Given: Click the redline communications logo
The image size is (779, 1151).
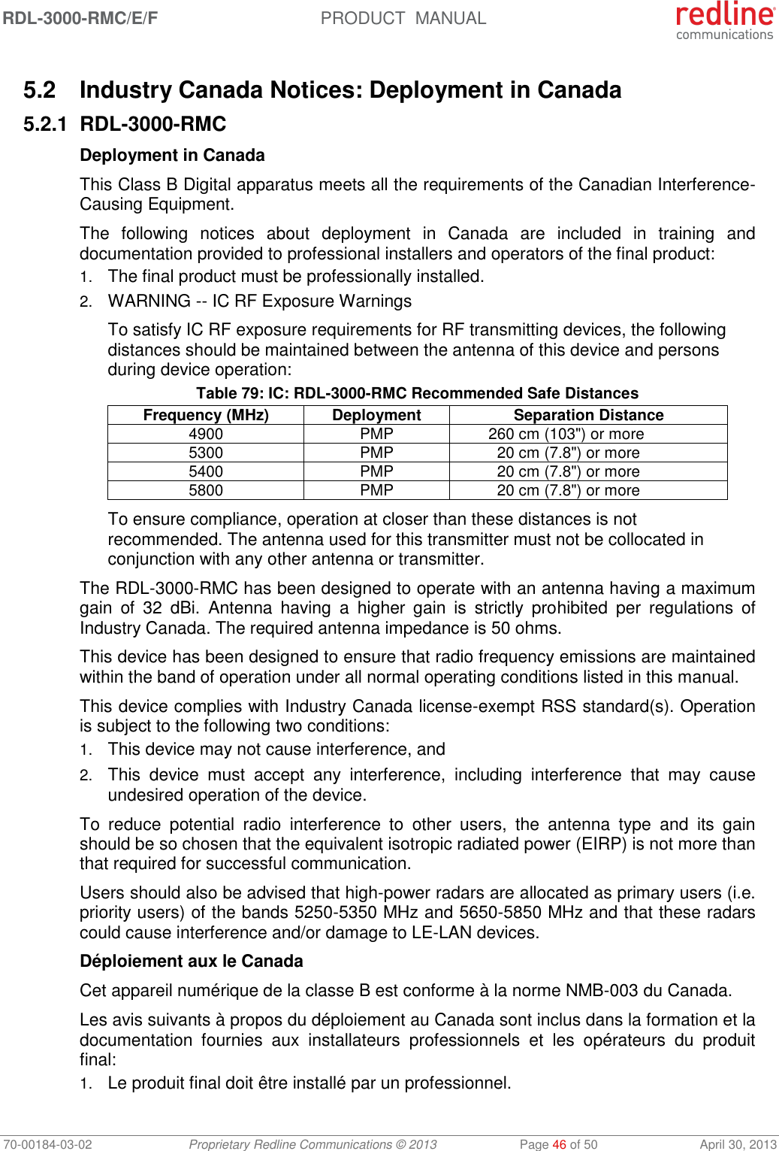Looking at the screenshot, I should [x=724, y=20].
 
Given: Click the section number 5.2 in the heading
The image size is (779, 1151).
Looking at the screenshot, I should [x=39, y=90].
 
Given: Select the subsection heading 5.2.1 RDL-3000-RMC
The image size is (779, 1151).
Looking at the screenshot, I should [x=125, y=124].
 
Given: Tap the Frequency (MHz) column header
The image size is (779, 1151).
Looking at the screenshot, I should [x=206, y=415].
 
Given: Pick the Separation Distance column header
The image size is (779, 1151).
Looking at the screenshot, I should [x=588, y=415].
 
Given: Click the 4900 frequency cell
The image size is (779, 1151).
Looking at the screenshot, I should [x=206, y=434].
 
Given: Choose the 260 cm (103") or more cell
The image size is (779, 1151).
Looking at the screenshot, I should [x=566, y=434].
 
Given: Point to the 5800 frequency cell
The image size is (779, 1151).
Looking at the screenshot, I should [x=206, y=490].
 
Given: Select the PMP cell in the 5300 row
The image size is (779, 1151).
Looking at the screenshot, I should [x=376, y=453].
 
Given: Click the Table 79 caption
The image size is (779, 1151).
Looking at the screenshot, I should [x=417, y=393].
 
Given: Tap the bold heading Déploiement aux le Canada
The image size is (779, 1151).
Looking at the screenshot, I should [x=192, y=961].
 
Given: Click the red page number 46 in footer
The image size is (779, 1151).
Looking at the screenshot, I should [x=559, y=1144].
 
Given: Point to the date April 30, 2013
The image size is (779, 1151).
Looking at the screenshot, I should [x=738, y=1144].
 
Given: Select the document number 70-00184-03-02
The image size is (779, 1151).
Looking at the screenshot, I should [x=47, y=1144].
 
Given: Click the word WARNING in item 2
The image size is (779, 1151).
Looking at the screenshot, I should [x=149, y=301].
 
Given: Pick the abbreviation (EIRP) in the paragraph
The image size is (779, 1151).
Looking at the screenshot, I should [x=601, y=844].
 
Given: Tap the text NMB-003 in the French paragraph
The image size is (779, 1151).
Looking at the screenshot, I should [x=602, y=990].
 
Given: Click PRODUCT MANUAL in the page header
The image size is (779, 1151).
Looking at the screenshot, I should [x=403, y=18].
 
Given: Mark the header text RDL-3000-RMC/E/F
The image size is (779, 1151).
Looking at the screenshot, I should [x=80, y=18].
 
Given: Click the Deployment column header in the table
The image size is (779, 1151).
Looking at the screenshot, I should [x=376, y=415].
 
